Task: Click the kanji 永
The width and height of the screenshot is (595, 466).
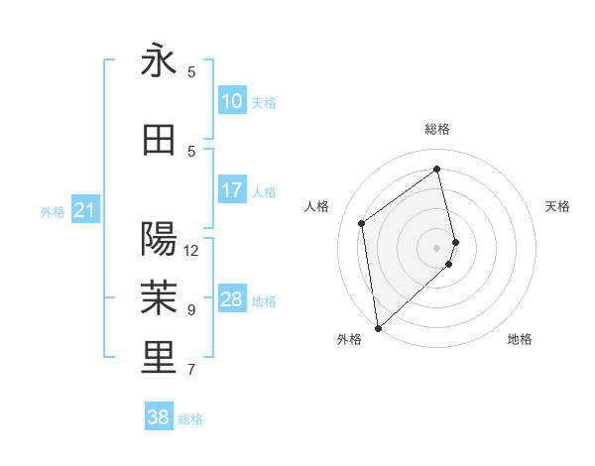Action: coord(159,61)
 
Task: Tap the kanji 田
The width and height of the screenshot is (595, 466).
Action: coord(159,141)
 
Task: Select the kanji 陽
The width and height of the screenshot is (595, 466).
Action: coord(159,239)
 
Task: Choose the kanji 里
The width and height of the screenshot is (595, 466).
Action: coord(159,358)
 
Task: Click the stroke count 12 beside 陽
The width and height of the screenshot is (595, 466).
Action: coord(191,251)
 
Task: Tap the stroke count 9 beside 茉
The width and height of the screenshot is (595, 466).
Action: coord(191,310)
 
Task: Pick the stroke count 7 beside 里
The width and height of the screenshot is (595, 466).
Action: coord(191,370)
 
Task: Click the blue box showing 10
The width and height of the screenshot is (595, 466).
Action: coord(232,101)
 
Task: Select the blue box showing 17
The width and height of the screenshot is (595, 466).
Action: coord(232,190)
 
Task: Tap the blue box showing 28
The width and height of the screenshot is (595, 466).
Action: coord(232,299)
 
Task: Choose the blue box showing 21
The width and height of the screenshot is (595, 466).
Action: coord(84,210)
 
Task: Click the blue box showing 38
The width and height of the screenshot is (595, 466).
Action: coord(158,418)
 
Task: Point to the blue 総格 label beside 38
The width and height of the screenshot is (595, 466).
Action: coord(190,419)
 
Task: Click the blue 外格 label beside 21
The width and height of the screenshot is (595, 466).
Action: coord(53,211)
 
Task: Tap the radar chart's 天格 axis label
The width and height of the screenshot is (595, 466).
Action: coord(557,206)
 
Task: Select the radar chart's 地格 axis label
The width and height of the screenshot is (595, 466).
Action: coord(520,339)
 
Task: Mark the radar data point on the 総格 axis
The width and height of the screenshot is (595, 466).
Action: coord(437,169)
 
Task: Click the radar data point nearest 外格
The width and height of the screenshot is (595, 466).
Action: coord(377,327)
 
